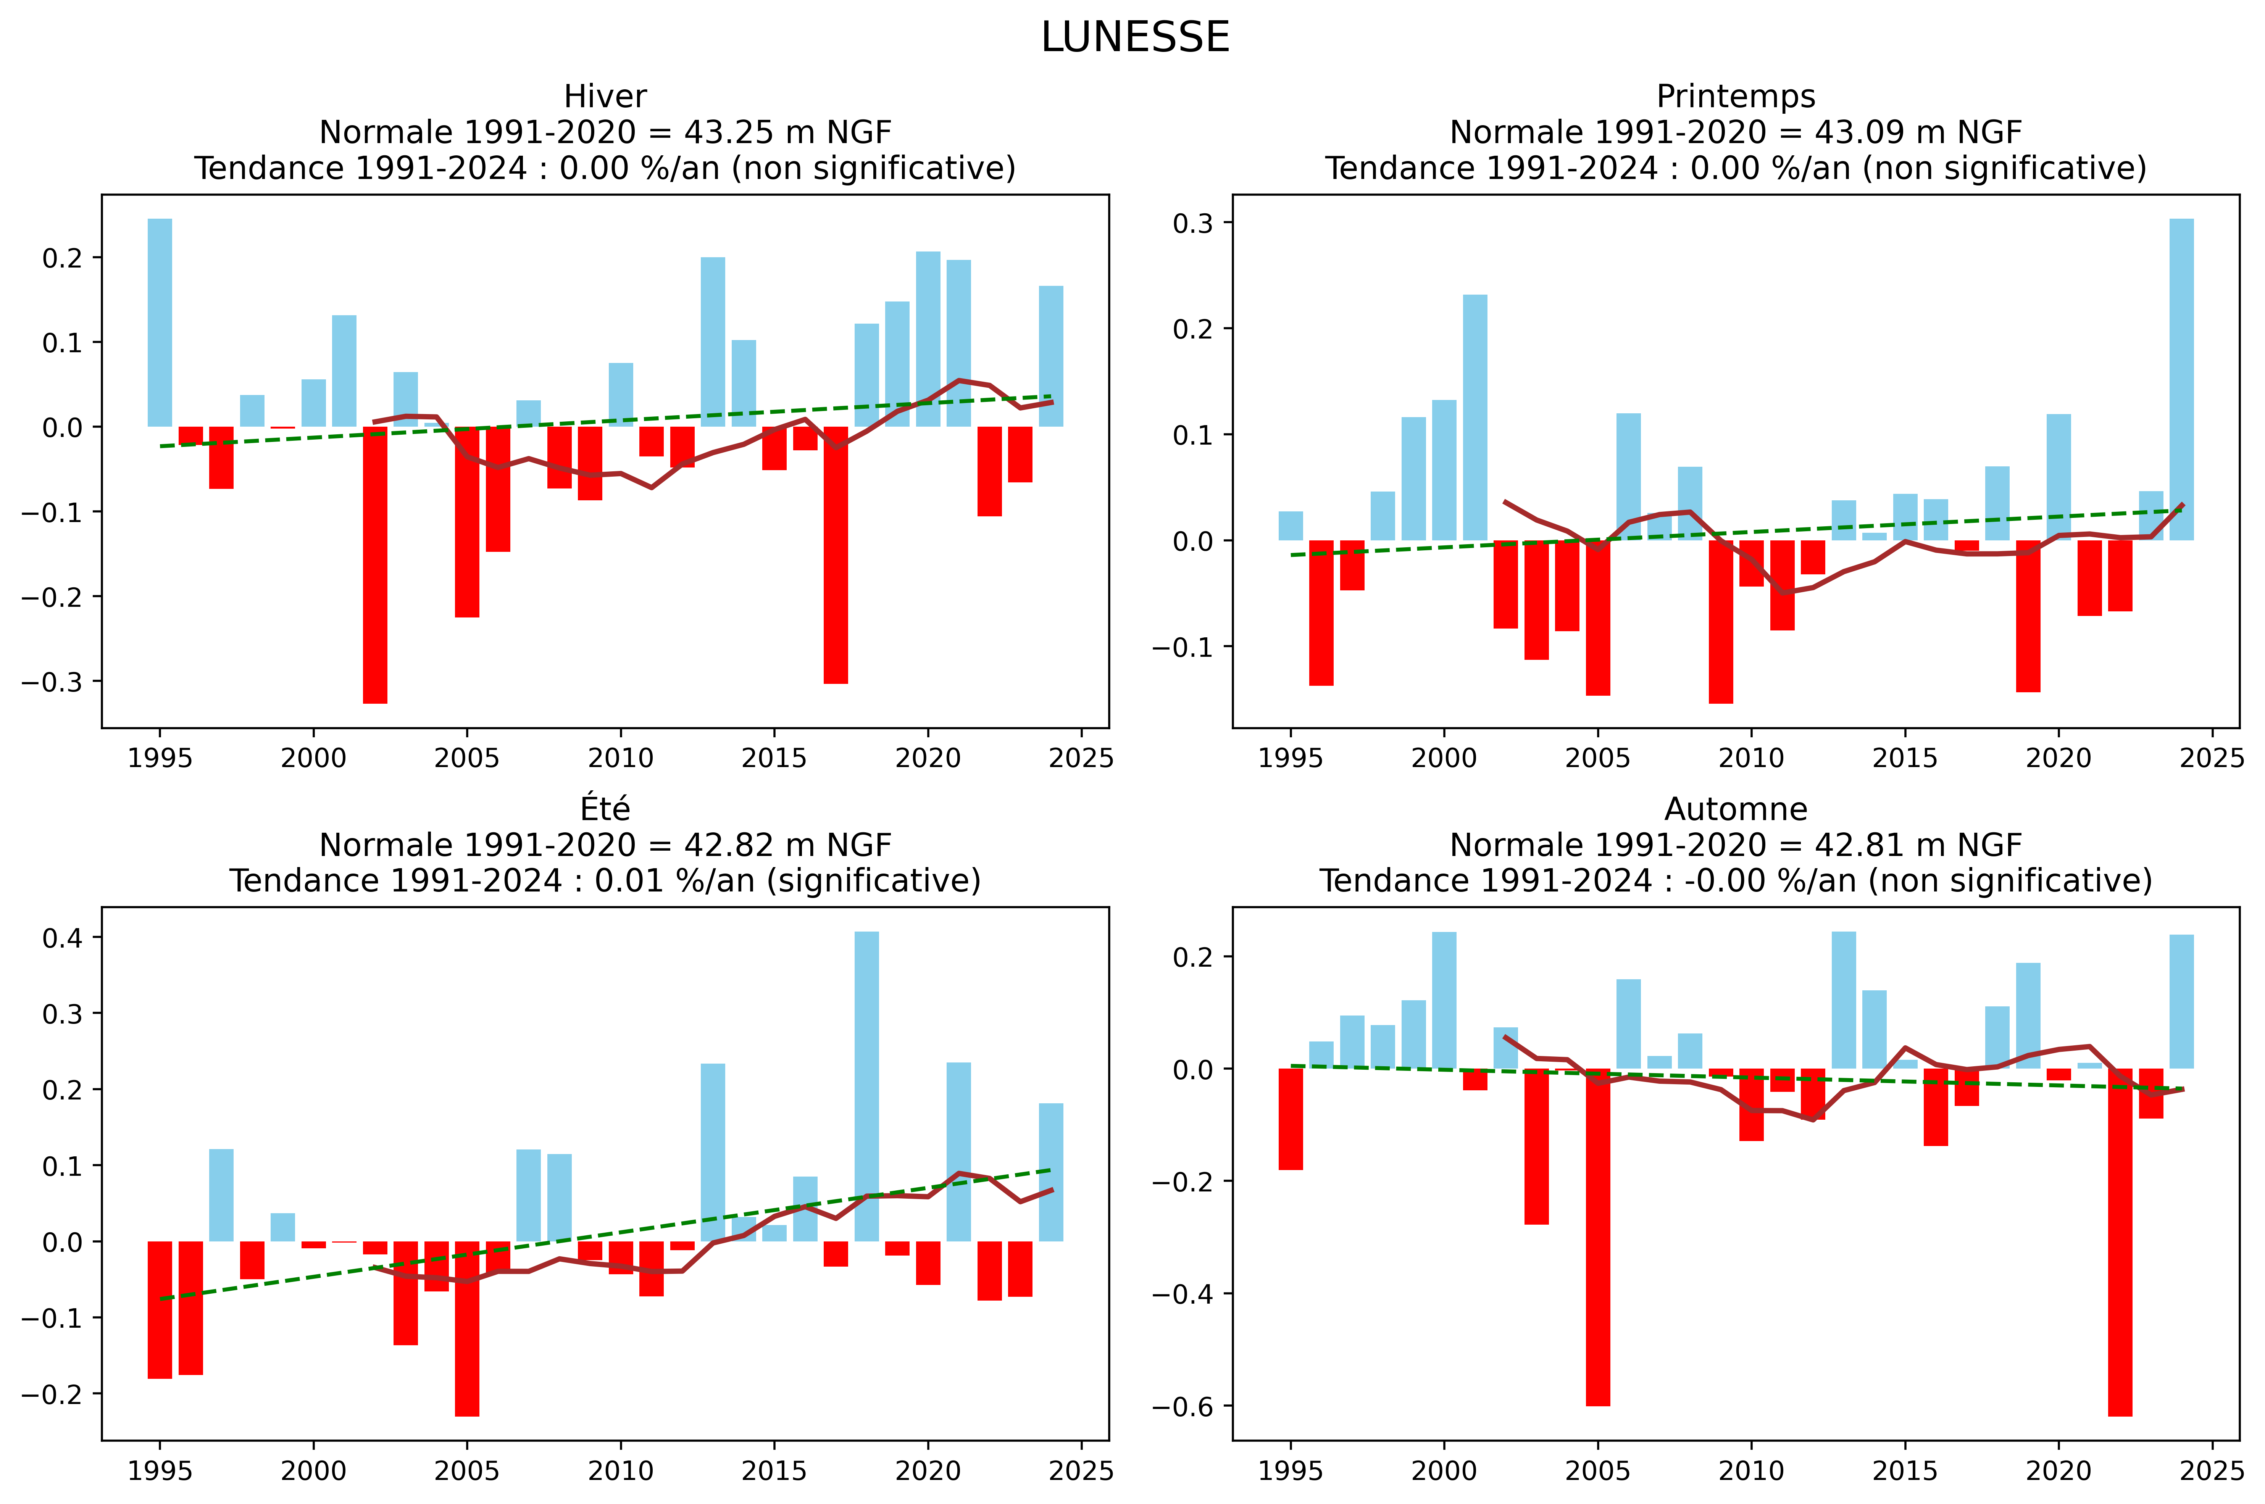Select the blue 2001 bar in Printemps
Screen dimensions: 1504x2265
pyautogui.click(x=1475, y=417)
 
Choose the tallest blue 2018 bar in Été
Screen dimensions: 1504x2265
pyautogui.click(x=866, y=1086)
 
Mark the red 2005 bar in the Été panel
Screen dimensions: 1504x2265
pyautogui.click(x=467, y=1328)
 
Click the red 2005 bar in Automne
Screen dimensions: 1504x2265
pyautogui.click(x=1597, y=1237)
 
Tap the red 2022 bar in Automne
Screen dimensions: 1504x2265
pyautogui.click(x=2119, y=1242)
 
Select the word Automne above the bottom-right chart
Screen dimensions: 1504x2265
pyautogui.click(x=1736, y=809)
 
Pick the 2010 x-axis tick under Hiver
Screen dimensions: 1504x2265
pyautogui.click(x=621, y=759)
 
